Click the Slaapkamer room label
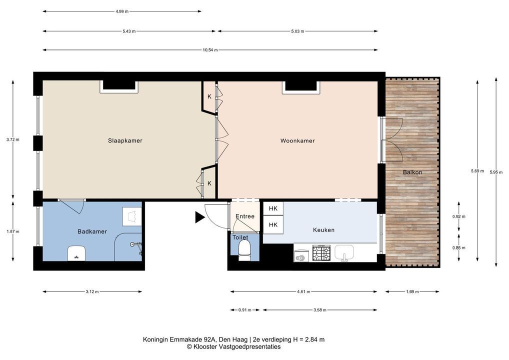125,140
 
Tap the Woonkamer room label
297,140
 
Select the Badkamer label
92,231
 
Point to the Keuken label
323,230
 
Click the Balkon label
412,172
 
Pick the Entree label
245,216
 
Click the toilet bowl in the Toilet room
244,251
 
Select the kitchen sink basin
344,252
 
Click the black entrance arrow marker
199,217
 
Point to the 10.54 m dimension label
210,50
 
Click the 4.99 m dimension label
122,11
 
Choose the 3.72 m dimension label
12,140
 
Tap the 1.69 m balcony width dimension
412,292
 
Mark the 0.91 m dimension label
245,310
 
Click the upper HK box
273,208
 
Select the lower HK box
273,224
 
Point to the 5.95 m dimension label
496,172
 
